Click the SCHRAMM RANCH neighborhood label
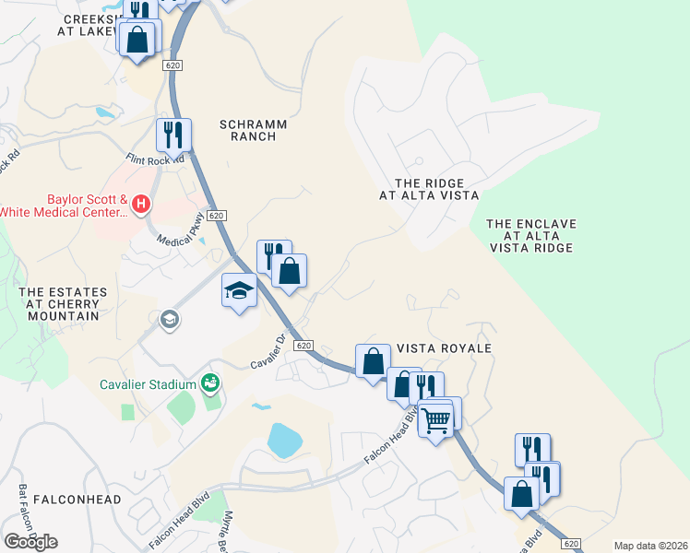pyautogui.click(x=253, y=130)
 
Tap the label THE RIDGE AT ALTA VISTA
pyautogui.click(x=429, y=190)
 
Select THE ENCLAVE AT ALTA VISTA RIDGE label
pyautogui.click(x=530, y=236)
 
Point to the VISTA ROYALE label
pyautogui.click(x=444, y=348)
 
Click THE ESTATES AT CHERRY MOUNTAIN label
pyautogui.click(x=63, y=304)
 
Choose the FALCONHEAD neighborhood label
pyautogui.click(x=77, y=499)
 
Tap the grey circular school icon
pyautogui.click(x=169, y=320)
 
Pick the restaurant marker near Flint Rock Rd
pyautogui.click(x=173, y=135)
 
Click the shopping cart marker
pyautogui.click(x=436, y=420)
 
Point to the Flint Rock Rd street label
pyautogui.click(x=155, y=159)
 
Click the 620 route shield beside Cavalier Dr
pyautogui.click(x=303, y=344)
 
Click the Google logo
pyautogui.click(x=30, y=541)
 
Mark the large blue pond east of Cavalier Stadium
pyautogui.click(x=287, y=440)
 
